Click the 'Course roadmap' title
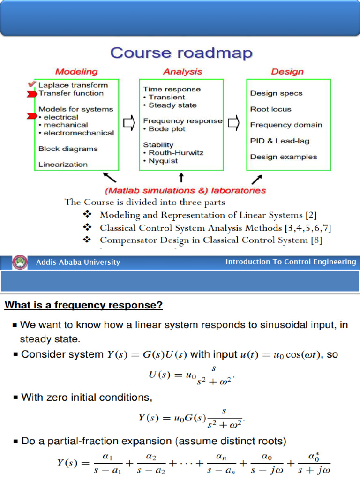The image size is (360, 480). click(x=181, y=53)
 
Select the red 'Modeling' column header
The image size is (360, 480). click(x=76, y=72)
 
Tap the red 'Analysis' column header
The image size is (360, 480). click(x=182, y=72)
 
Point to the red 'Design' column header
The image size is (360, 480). click(x=287, y=72)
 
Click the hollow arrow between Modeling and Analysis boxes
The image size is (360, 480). click(x=128, y=124)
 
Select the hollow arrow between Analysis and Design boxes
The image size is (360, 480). click(x=234, y=124)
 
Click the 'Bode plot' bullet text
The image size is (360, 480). click(x=167, y=129)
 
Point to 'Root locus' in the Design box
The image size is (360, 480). click(x=270, y=109)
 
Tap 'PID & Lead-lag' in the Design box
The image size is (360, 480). click(x=279, y=141)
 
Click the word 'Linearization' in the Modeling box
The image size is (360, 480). click(x=63, y=165)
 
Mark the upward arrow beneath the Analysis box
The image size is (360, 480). click(x=181, y=178)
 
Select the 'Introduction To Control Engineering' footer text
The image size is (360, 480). click(x=291, y=262)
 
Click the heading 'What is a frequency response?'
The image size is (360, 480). click(x=84, y=306)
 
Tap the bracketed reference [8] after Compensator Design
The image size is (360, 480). click(x=316, y=240)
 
